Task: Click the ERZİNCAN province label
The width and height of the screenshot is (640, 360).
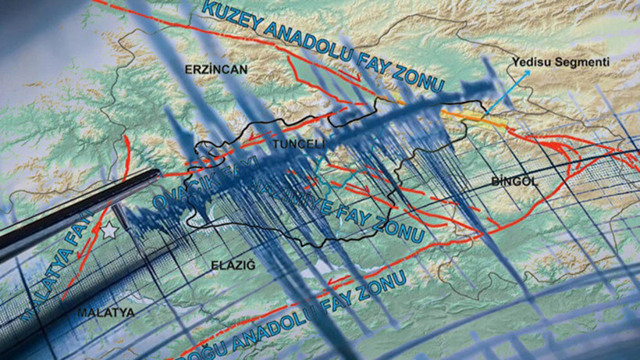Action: [215, 70]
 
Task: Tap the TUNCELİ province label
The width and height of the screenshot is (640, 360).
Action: [299, 144]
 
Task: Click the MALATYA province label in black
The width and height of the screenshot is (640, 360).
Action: [105, 312]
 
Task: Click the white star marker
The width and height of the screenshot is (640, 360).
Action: [109, 231]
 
